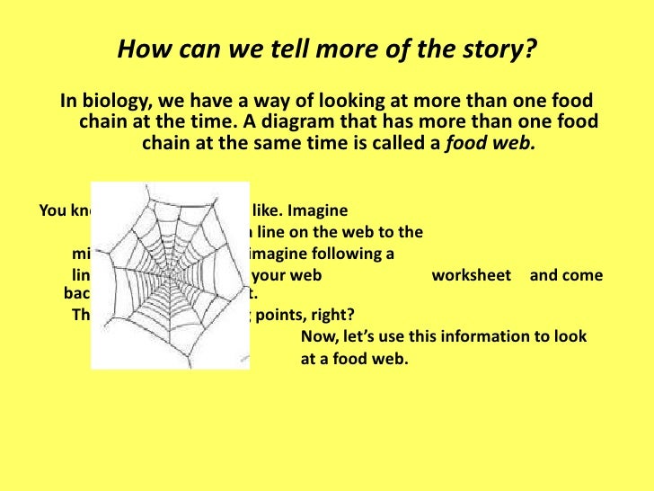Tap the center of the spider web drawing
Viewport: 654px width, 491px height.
pyautogui.click(x=170, y=274)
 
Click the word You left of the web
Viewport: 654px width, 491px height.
pyautogui.click(x=54, y=212)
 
